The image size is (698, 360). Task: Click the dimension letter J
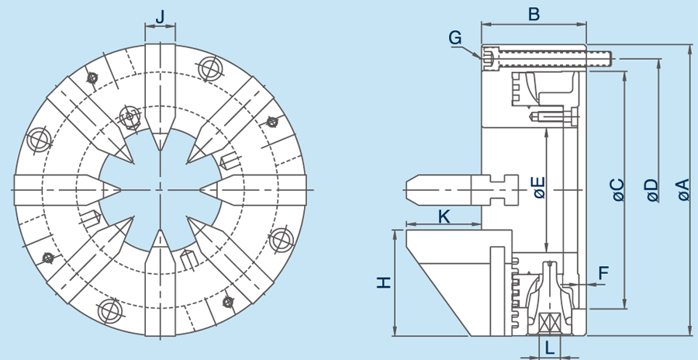pos(160,16)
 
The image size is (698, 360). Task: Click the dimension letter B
pos(534,14)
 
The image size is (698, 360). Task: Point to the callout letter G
pos(455,37)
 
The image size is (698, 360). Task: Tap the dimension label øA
pos(682,190)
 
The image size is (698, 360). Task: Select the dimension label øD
pos(651,190)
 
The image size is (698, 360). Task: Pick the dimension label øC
pos(617,190)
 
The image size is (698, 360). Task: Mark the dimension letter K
pos(444,216)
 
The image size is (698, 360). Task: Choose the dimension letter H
pos(383,283)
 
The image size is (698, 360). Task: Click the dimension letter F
pos(604,272)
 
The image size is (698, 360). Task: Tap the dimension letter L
pos(549,348)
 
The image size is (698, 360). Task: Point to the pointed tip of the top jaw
pos(160,148)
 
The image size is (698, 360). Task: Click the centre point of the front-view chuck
pos(160,189)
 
